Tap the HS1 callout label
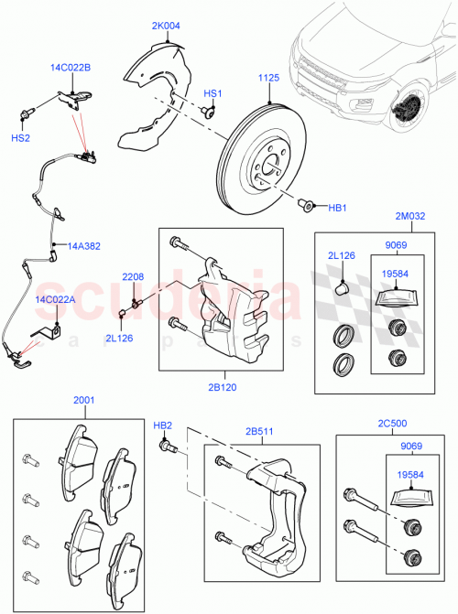pyautogui.click(x=213, y=93)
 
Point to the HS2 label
pyautogui.click(x=19, y=137)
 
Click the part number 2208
pyautogui.click(x=134, y=275)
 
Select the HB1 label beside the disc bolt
pyautogui.click(x=337, y=208)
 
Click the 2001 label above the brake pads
pyautogui.click(x=83, y=400)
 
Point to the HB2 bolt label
pyautogui.click(x=162, y=425)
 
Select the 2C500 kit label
pyautogui.click(x=391, y=425)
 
